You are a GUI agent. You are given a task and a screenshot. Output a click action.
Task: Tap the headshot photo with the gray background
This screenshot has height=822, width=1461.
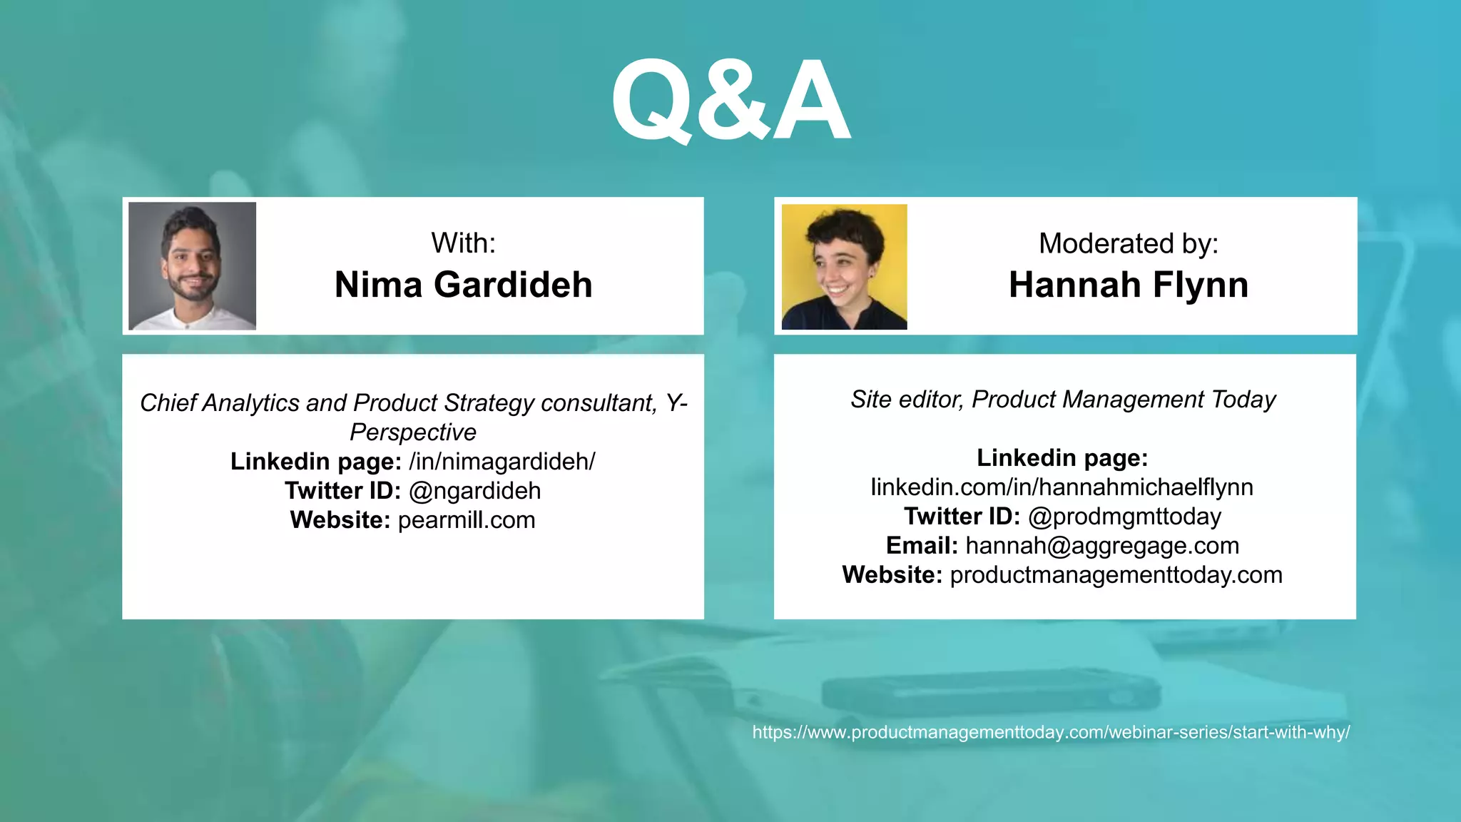click(192, 265)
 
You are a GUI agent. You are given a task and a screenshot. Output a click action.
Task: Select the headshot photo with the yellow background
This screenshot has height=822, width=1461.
click(844, 267)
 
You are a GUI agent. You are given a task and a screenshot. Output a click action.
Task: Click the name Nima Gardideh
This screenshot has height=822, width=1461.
click(463, 285)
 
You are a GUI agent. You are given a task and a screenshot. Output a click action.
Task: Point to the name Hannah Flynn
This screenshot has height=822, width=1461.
click(1128, 285)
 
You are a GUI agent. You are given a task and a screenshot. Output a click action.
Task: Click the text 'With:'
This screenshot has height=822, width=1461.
click(463, 243)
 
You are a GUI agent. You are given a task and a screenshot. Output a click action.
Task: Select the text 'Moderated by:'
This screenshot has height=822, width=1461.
click(1128, 244)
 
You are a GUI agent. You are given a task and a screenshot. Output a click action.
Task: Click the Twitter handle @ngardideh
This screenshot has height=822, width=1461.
click(474, 491)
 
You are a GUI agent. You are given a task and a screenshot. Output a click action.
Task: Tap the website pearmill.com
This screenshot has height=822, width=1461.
click(466, 520)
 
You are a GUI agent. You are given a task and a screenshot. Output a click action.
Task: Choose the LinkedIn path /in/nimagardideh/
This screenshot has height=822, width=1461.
click(502, 462)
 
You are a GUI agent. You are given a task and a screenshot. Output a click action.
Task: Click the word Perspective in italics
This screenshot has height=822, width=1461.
click(412, 432)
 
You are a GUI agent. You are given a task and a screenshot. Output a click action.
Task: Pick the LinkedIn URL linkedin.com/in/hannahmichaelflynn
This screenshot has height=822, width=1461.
click(1062, 487)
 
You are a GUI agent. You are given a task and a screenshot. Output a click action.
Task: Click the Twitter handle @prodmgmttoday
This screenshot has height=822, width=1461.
click(1124, 517)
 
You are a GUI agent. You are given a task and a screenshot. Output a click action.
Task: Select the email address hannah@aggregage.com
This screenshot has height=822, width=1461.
click(1102, 546)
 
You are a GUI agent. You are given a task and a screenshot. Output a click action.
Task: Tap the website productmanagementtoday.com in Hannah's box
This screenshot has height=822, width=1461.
click(1116, 575)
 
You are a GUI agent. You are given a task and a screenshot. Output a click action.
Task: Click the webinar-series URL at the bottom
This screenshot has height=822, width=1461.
click(1051, 732)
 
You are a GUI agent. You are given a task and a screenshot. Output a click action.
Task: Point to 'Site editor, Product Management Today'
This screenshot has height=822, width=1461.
click(1063, 400)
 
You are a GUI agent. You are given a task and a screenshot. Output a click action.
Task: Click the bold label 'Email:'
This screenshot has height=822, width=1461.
click(922, 546)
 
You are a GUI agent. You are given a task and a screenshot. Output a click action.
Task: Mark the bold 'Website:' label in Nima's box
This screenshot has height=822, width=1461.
click(340, 520)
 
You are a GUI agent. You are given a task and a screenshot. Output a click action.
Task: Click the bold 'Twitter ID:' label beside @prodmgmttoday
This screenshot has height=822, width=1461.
click(962, 517)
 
